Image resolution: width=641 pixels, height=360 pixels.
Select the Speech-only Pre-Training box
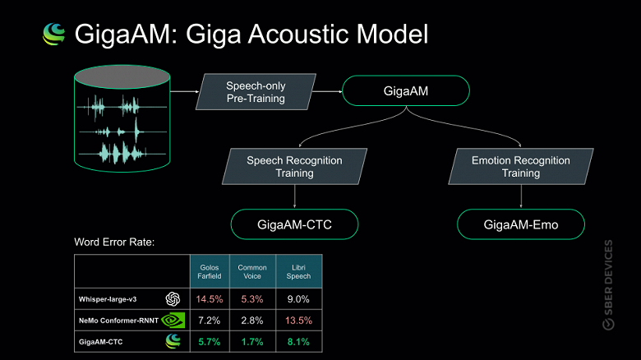click(256, 92)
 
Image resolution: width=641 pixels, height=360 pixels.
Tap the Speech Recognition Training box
click(294, 167)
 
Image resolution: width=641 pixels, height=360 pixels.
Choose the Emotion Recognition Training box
click(520, 167)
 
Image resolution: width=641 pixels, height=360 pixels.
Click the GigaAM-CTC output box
click(295, 223)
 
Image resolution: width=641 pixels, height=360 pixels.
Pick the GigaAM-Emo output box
click(520, 223)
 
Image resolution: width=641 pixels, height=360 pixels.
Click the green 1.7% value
click(252, 339)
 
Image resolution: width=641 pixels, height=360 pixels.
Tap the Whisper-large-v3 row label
click(113, 298)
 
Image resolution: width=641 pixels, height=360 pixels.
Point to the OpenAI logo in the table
click(173, 298)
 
